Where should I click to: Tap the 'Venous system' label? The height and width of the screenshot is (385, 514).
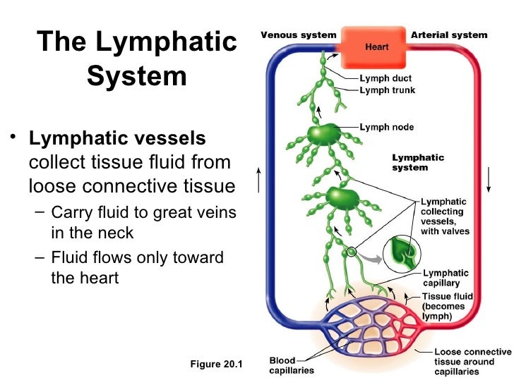click(x=299, y=35)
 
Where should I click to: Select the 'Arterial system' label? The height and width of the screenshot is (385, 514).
click(x=449, y=35)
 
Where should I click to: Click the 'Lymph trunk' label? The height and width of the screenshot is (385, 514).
click(x=388, y=90)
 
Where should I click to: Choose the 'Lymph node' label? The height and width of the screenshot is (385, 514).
click(x=387, y=128)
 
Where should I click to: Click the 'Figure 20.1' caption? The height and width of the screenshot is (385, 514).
click(x=216, y=365)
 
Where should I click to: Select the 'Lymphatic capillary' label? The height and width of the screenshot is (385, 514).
click(x=446, y=278)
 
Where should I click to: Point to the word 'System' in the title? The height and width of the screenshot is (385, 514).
click(x=137, y=76)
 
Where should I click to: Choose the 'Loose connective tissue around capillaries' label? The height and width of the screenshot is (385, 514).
click(x=472, y=362)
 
